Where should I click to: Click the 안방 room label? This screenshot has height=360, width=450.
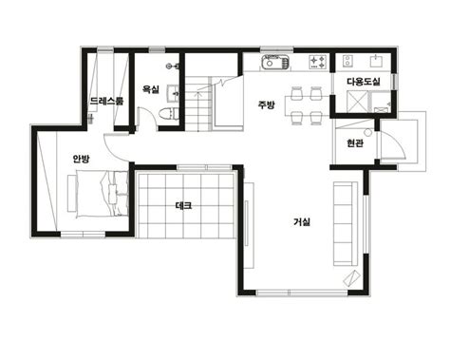(x=81, y=159)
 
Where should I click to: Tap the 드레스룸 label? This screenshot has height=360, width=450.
(x=106, y=101)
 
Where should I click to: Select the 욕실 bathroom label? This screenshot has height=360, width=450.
(x=150, y=89)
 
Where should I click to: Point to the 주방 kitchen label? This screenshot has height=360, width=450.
(x=267, y=104)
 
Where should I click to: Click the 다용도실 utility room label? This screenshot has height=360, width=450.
(x=364, y=82)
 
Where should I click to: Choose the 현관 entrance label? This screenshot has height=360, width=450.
(x=355, y=143)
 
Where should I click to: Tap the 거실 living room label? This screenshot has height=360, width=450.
(x=302, y=222)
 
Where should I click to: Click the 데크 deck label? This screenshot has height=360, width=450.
(x=183, y=206)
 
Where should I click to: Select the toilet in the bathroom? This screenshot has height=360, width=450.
(x=168, y=113)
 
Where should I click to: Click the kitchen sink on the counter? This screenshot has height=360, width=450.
(x=275, y=61)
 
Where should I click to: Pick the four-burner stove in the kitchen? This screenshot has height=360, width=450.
(x=317, y=62)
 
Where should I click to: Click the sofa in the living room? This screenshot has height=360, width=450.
(x=346, y=224)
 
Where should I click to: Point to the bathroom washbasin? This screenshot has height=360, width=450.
(x=173, y=93)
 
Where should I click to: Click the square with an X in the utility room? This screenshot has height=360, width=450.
(x=358, y=102)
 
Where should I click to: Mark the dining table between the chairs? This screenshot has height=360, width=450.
(x=307, y=105)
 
